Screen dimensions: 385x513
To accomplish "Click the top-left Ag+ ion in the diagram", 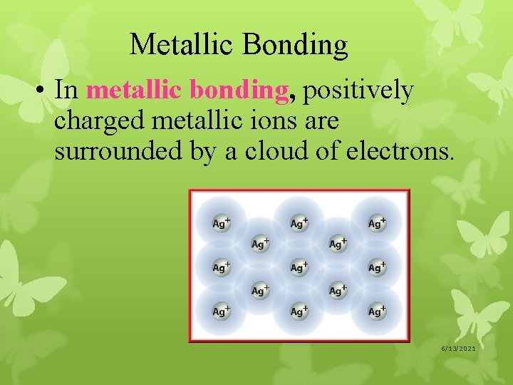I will click(222, 224).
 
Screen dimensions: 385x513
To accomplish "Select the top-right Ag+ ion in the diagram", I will click(377, 224).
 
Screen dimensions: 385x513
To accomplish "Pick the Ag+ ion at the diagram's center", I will click(299, 268).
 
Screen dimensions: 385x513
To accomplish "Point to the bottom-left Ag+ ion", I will click(222, 312).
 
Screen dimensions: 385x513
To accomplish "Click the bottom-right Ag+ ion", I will click(377, 312).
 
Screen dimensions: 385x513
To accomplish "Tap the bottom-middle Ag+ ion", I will click(299, 312).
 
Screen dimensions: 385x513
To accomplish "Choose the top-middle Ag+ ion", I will click(299, 224).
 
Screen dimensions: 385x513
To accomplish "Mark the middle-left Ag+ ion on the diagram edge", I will click(222, 268).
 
